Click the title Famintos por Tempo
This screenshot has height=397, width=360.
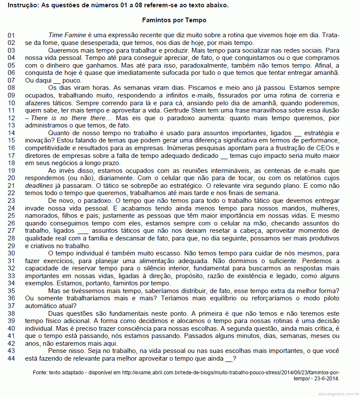pos(174,20)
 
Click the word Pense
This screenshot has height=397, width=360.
pos(58,351)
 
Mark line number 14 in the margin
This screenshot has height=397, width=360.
pos(12,133)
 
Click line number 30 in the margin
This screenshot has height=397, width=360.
pos(12,253)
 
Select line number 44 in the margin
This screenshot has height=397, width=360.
pos(12,359)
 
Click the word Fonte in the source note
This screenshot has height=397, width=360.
pos(41,373)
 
